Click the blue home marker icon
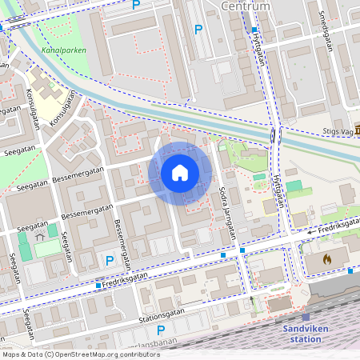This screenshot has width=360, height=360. coord(180,173)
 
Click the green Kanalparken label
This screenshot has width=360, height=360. coord(64,50)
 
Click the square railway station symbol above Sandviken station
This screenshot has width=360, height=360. coord(306,317)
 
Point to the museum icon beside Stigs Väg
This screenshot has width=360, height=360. coord(357,129)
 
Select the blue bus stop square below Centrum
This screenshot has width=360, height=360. coord(254,30)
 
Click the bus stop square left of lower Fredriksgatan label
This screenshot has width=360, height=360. coord(98,285)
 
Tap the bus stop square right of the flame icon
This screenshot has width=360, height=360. coord(350,270)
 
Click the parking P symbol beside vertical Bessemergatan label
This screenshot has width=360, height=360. coord(110,259)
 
